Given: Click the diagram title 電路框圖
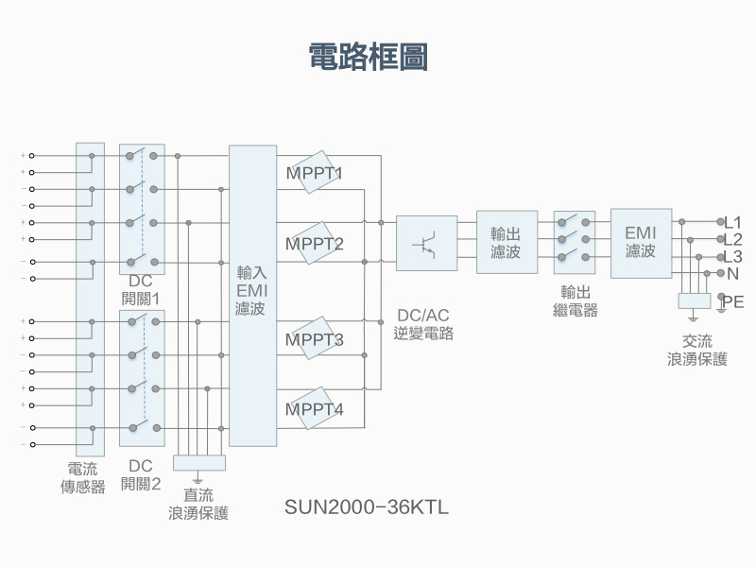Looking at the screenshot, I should pyautogui.click(x=369, y=56).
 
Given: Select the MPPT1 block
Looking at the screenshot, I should pyautogui.click(x=314, y=173).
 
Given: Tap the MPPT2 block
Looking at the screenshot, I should pyautogui.click(x=314, y=244).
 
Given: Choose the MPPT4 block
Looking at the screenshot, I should pyautogui.click(x=314, y=409).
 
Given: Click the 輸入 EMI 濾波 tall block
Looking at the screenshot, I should pyautogui.click(x=252, y=295).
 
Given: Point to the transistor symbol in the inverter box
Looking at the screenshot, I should pyautogui.click(x=426, y=244).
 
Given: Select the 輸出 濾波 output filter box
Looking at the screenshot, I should pyautogui.click(x=506, y=243).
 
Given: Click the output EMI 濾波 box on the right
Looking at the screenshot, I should pyautogui.click(x=640, y=243).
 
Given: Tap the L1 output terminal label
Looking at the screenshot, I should pyautogui.click(x=732, y=222).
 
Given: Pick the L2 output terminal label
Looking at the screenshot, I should pyautogui.click(x=732, y=239).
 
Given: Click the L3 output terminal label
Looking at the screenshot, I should pyautogui.click(x=732, y=256).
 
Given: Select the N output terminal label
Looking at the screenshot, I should pyautogui.click(x=732, y=274).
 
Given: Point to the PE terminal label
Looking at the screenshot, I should pyautogui.click(x=732, y=302).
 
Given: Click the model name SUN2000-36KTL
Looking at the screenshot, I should pyautogui.click(x=367, y=507).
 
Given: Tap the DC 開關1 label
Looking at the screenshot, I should pyautogui.click(x=141, y=289).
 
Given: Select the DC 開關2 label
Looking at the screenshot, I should pyautogui.click(x=141, y=475).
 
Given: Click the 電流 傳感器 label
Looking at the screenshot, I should pyautogui.click(x=82, y=478).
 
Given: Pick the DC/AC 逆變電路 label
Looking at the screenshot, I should pyautogui.click(x=423, y=324).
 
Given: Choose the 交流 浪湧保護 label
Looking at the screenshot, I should pyautogui.click(x=697, y=351).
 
